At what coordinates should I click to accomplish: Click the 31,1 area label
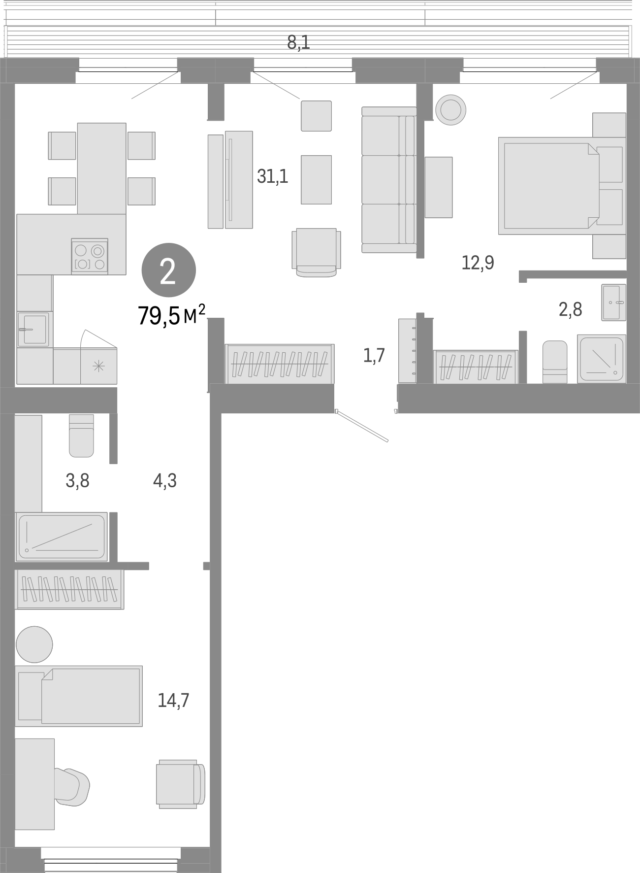[x=272, y=176]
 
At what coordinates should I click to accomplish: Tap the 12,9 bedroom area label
[x=478, y=263]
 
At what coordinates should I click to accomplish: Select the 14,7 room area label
[x=173, y=700]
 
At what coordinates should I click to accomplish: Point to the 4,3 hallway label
[x=165, y=481]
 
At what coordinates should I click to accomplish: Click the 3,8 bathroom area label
[x=77, y=481]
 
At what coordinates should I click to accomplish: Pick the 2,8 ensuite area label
[x=571, y=310]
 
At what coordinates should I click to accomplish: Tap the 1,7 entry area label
[x=374, y=355]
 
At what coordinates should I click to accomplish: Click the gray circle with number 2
[x=168, y=271]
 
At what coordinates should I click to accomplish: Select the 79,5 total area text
[x=170, y=316]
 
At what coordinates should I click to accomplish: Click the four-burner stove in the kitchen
[x=90, y=256]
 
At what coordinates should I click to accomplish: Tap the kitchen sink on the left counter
[x=33, y=329]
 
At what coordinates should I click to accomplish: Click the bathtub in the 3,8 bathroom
[x=62, y=537]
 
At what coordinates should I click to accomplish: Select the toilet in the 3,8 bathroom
[x=81, y=436]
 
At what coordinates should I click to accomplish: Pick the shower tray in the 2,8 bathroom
[x=602, y=358]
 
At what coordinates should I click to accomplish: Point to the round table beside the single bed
[x=34, y=644]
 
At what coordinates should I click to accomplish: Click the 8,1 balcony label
[x=298, y=43]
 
